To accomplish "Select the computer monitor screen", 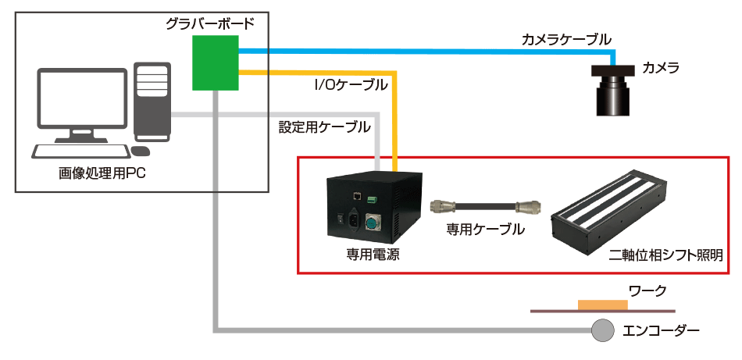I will (81, 100).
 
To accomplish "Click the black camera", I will (613, 90).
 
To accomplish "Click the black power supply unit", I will (373, 208).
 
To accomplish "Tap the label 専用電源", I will (373, 255).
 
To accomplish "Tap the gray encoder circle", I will (602, 330).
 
